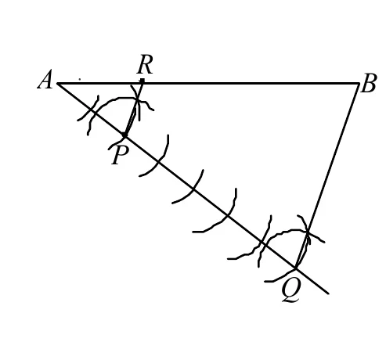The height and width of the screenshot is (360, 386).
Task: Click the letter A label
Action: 45,80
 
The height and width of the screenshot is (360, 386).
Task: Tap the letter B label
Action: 369,83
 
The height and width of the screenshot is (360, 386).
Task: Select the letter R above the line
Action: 145,64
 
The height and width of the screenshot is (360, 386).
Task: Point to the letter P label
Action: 119,155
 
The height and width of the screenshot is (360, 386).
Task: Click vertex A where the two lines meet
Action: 58,84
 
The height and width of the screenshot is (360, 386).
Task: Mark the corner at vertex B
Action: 359,84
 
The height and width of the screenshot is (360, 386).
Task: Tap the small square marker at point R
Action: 142,81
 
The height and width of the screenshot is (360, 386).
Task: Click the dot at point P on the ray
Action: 124,135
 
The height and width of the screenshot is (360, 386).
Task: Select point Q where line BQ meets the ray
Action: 295,268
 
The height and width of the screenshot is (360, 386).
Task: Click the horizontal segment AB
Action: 208,84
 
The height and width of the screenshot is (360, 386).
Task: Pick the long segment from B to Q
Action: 327,175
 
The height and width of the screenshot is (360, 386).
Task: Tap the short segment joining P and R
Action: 134,109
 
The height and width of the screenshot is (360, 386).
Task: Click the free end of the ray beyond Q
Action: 328,293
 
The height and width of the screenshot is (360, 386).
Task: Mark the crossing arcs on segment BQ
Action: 308,231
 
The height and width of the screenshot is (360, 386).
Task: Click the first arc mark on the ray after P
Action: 160,162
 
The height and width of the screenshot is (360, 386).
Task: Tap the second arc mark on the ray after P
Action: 193,189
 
